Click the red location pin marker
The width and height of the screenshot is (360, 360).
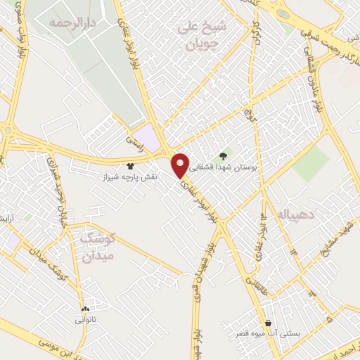(181, 165)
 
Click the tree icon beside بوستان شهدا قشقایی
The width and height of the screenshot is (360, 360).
(223, 155)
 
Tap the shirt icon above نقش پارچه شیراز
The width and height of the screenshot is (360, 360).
(130, 166)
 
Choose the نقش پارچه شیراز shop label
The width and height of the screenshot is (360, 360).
(130, 177)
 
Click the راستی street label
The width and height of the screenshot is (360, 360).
(134, 141)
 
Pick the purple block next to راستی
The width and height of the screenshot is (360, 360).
(148, 136)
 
